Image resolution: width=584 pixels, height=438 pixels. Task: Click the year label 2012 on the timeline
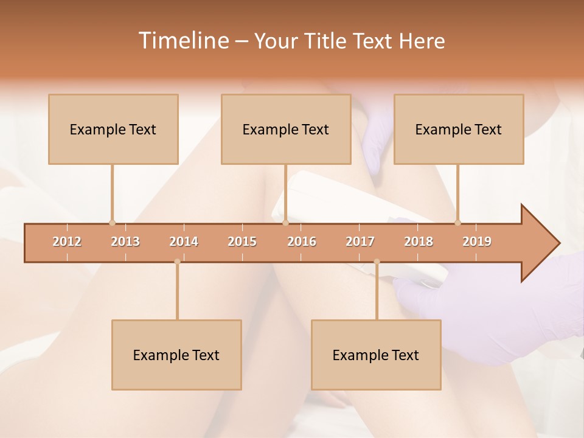click(x=67, y=242)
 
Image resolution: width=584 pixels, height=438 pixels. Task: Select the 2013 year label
click(x=125, y=242)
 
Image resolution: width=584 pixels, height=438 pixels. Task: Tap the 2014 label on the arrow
click(x=184, y=242)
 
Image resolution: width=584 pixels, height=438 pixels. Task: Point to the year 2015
click(x=242, y=242)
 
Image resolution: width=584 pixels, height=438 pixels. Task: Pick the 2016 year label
click(x=302, y=242)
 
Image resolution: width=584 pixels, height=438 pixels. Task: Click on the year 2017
click(x=360, y=242)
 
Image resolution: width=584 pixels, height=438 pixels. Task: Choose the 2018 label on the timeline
click(x=419, y=242)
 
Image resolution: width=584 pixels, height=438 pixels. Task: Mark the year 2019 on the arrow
click(x=477, y=242)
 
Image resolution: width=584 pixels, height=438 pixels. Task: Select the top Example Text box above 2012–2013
click(x=113, y=129)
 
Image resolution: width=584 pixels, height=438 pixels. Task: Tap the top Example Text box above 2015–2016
click(x=286, y=129)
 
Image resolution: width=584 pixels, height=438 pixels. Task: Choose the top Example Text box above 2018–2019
click(x=459, y=129)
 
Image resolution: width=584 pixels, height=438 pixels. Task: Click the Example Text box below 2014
click(x=176, y=355)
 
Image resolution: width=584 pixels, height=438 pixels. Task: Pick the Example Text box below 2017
click(x=376, y=355)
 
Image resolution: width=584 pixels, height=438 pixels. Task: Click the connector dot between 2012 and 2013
click(x=112, y=223)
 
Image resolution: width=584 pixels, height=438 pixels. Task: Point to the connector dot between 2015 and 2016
click(x=285, y=223)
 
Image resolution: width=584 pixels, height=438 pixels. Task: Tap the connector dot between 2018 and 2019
click(x=457, y=223)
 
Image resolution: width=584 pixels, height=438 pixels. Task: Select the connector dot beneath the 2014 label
click(x=177, y=262)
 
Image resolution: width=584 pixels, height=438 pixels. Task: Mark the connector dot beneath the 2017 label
click(x=377, y=262)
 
